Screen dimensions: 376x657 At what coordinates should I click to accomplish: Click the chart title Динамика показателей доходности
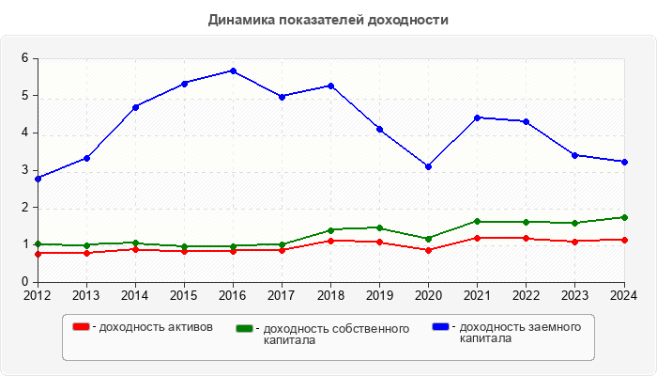point(328,19)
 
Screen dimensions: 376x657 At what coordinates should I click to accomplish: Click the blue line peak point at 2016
point(233,70)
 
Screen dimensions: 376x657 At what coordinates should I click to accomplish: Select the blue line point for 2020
point(428,166)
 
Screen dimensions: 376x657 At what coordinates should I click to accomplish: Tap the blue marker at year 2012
point(38,178)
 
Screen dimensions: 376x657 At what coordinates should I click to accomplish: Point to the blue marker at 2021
point(477,117)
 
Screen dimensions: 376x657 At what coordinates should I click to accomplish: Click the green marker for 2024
point(623,217)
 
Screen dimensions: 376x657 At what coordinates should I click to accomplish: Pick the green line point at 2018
point(330,229)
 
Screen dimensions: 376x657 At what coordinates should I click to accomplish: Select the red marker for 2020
point(428,250)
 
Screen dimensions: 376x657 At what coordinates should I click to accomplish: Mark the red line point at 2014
point(135,249)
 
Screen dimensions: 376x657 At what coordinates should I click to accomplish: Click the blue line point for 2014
point(135,107)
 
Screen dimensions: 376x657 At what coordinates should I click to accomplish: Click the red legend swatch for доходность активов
point(82,327)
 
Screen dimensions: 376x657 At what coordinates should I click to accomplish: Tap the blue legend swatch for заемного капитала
point(439,327)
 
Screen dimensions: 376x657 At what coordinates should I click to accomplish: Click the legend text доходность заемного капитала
point(516,333)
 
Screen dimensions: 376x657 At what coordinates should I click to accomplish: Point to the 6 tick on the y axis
point(24,58)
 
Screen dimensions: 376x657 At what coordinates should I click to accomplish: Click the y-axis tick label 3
point(24,170)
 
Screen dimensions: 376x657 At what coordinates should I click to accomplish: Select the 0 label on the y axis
point(24,282)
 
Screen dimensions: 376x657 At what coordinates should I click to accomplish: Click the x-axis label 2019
point(379,294)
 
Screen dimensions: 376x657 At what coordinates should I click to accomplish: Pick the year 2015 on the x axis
point(184,294)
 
